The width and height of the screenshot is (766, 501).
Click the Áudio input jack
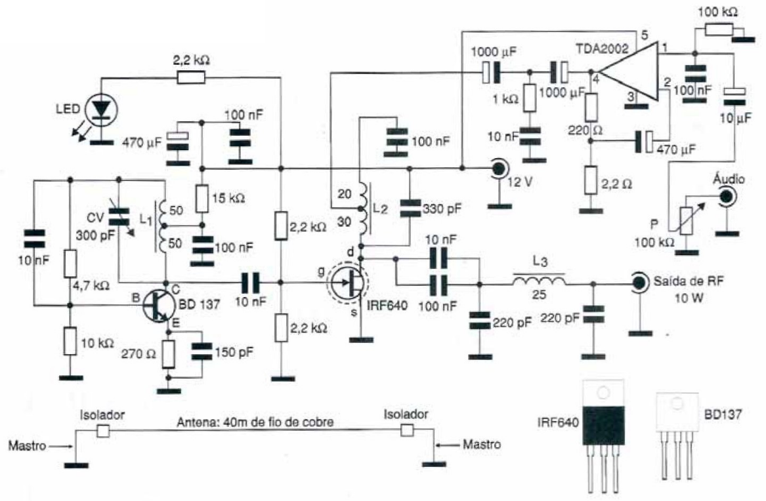pos(726,195)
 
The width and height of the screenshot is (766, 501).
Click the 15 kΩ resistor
pos(202,195)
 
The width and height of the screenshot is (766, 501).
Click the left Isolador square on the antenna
pos(102,430)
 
